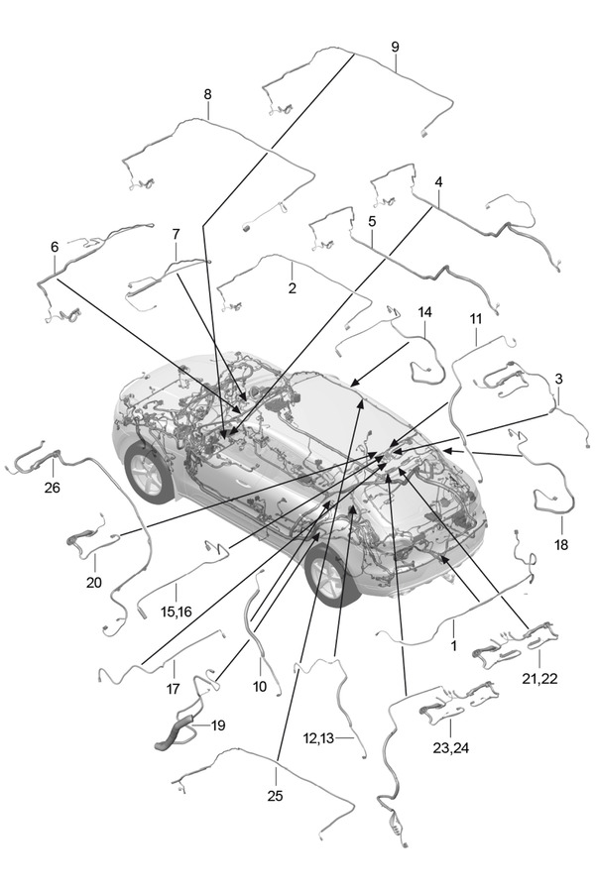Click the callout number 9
(395, 48)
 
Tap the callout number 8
(207, 94)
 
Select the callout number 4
(438, 183)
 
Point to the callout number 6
(55, 246)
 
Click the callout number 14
(424, 312)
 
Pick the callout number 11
(475, 318)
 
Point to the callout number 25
(274, 794)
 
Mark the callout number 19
(217, 725)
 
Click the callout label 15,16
(177, 612)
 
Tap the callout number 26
(51, 487)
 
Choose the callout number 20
(93, 582)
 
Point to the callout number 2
(292, 288)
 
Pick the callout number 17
(173, 688)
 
